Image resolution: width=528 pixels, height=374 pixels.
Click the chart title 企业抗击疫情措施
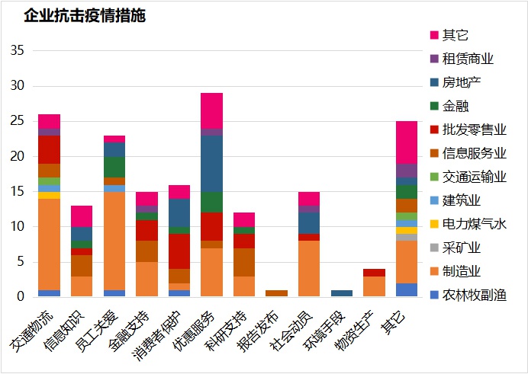pos(85,15)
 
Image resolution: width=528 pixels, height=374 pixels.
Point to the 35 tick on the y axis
pos(18,51)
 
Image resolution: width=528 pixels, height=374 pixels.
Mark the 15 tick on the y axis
pos(18,191)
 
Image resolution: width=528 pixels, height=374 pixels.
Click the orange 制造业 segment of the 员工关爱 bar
pos(114,240)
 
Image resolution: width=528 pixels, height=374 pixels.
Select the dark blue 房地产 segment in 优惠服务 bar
pos(211,164)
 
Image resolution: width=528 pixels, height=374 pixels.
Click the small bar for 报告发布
pos(276,293)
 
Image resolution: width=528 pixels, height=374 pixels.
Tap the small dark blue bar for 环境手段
pos(341,293)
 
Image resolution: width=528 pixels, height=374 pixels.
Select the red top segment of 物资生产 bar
pos(374,272)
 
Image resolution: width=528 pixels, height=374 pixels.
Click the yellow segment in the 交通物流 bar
pos(50,195)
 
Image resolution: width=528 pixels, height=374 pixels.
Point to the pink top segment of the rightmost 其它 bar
pos(406,142)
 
